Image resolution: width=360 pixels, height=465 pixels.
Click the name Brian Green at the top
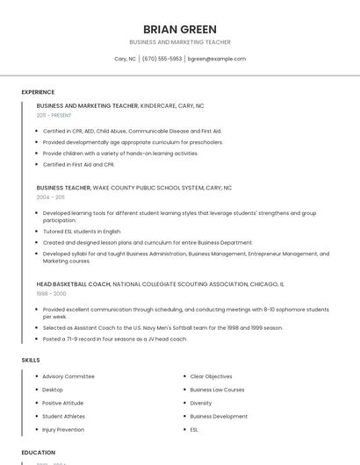coord(179,29)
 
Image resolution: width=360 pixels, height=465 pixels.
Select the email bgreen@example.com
coord(217,59)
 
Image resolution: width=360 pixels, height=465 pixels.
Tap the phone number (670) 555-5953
coord(162,59)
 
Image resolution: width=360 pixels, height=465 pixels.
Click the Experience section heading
coord(38,91)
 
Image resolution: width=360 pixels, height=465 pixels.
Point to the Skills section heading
coord(31,360)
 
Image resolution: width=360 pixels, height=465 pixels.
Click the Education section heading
coord(39,453)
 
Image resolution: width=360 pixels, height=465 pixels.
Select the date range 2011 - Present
coord(54,115)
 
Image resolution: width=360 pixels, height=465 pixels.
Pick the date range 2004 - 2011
coord(51,197)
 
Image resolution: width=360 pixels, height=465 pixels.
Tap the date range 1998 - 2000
coord(52,294)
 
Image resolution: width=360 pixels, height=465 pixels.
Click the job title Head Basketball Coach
coord(74,284)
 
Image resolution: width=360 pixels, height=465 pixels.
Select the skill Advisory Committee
coord(68,376)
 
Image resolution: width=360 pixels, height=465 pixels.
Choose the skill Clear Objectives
coord(211,376)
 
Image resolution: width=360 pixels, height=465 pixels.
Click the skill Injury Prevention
coord(63,430)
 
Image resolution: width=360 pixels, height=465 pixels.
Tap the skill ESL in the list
coord(194,430)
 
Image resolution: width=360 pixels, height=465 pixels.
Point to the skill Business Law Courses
coord(217,390)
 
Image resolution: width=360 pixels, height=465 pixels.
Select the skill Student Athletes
coord(63,417)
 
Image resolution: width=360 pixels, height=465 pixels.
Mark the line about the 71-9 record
coord(115,339)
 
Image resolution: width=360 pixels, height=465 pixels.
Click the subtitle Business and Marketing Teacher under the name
coord(179,42)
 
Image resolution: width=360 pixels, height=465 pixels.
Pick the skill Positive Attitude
coord(63,403)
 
